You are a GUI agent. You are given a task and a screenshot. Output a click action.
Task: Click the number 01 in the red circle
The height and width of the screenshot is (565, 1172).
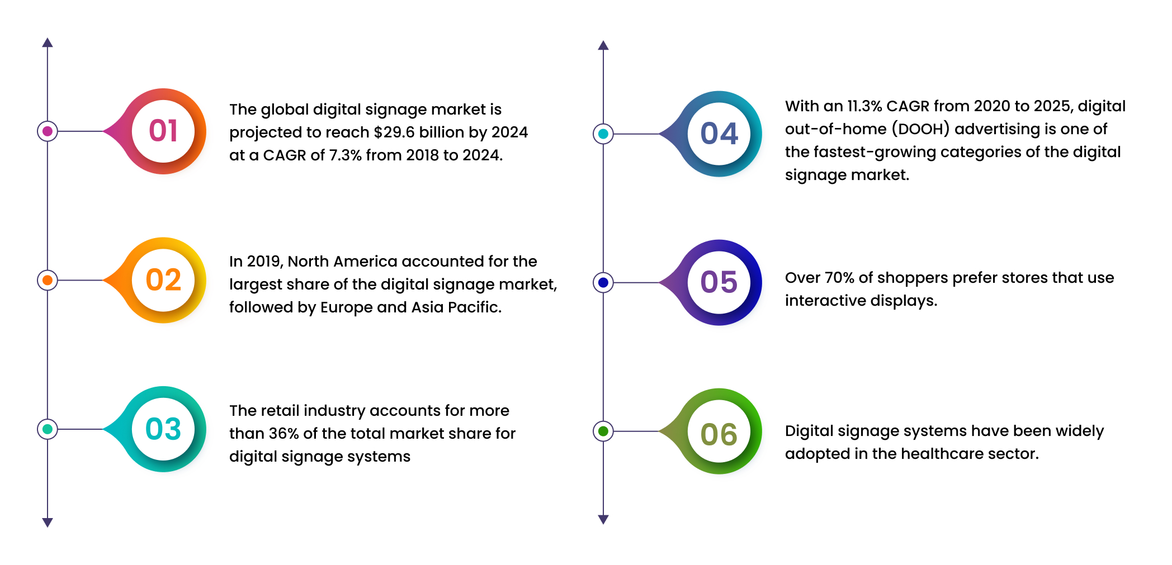pos(163,131)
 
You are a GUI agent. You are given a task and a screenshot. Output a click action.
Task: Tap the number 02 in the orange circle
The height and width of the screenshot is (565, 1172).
pos(163,280)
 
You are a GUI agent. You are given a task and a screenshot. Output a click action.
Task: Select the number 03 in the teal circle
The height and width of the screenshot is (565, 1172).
pos(163,429)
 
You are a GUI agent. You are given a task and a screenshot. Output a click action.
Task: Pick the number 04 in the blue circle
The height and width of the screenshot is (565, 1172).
pos(719,134)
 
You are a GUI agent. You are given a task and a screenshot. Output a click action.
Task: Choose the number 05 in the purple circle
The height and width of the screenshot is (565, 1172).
pos(719,283)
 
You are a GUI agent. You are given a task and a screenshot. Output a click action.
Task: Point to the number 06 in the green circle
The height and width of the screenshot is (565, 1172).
pos(719,435)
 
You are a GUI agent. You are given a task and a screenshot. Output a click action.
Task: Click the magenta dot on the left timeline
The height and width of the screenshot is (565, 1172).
pos(48,131)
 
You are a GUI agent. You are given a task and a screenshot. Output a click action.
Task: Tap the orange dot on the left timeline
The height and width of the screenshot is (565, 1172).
pos(48,280)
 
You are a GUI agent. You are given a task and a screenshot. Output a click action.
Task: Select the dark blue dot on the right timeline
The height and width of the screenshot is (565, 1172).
pos(603,283)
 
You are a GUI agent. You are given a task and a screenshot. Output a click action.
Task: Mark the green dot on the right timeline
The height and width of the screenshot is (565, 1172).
pos(603,431)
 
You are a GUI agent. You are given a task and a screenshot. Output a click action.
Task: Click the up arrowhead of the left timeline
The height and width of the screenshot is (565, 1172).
pos(48,42)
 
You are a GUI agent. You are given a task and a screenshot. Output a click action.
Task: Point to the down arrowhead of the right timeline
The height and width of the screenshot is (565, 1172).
pos(603,520)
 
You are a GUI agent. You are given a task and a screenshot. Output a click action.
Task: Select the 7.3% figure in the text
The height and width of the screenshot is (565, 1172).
pos(345,155)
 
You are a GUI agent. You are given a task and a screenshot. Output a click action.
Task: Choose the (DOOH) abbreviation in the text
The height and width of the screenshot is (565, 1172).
pos(920,129)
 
